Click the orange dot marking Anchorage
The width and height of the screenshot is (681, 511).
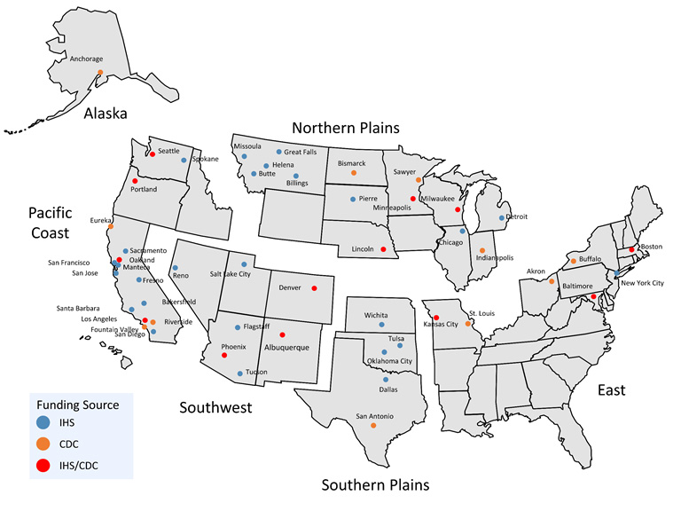coord(100,72)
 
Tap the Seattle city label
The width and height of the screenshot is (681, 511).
coord(168,151)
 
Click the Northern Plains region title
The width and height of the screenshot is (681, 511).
coord(346,128)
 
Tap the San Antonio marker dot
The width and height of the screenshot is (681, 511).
coord(373,425)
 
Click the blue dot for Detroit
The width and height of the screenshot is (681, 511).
coord(502,217)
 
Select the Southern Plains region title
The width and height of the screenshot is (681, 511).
coord(374,485)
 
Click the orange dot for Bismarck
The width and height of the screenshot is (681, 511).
coord(354,173)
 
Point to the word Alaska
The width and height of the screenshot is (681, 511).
coord(106,114)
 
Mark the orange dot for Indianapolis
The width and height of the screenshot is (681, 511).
coord(482,250)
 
